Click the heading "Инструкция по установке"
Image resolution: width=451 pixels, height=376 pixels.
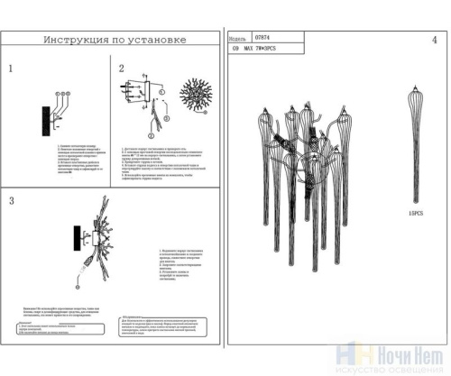(x=114, y=40)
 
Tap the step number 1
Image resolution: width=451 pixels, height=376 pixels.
(x=12, y=69)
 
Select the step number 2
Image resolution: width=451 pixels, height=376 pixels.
(x=122, y=69)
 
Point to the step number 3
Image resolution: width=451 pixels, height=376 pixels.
(x=12, y=200)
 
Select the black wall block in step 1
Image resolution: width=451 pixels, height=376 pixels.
(x=44, y=119)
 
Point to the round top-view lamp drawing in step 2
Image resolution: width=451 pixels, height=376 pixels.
(x=195, y=96)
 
